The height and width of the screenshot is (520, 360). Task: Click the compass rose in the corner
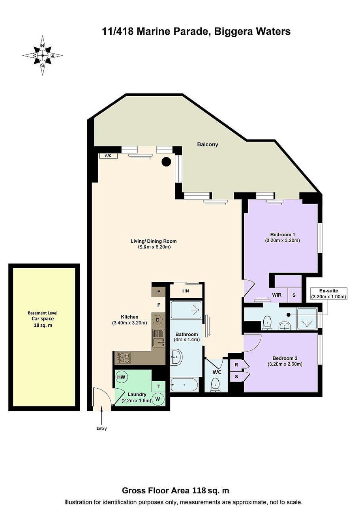pos(42,55)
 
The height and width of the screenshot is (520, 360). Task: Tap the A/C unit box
pos(108,156)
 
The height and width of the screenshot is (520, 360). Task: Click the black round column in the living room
pos(166,162)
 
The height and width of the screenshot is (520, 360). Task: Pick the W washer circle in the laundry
pos(158,399)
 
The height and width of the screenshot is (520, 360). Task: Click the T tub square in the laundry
pos(159,387)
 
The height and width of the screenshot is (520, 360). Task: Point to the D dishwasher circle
pos(158,320)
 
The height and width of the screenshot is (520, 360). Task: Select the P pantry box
pos(159,292)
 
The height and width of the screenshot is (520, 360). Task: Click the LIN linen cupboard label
pos(186,291)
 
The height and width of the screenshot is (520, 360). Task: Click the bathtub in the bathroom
pos(184,385)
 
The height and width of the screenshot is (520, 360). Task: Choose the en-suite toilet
pos(267,323)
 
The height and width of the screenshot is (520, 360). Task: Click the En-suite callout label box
pos(329,294)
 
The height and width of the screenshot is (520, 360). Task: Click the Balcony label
pos(208,144)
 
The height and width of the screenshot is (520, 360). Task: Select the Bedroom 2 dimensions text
pos(285,364)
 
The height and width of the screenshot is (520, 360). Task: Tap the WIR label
pos(277,295)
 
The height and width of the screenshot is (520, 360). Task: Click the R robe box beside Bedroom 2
pos(236,365)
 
